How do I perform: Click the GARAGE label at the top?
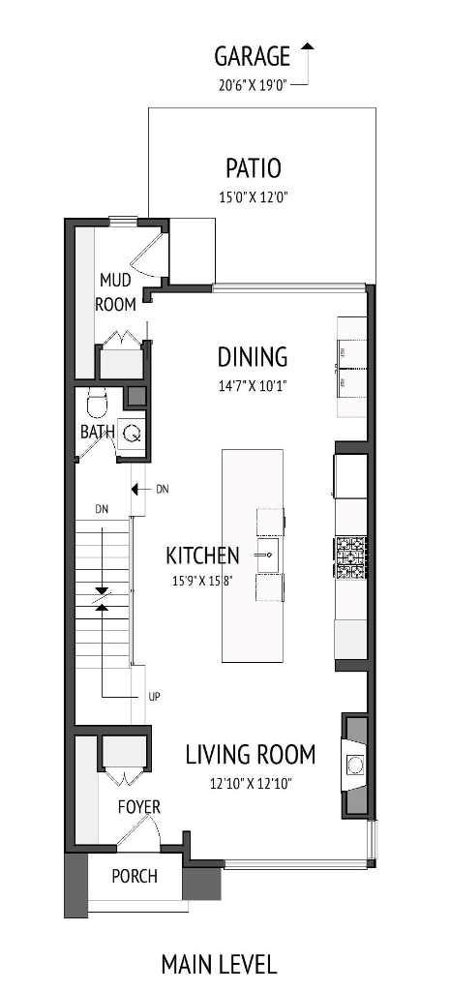tap(252, 55)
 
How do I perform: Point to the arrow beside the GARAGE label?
tap(308, 60)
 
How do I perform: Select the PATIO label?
tap(253, 168)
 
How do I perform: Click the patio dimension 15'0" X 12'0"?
tap(253, 196)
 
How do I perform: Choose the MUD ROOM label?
tap(117, 291)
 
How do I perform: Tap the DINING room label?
tap(252, 357)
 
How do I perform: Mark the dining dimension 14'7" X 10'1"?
tap(252, 385)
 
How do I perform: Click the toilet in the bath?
tap(96, 401)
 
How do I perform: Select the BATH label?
tap(98, 432)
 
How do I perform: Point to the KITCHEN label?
tap(202, 556)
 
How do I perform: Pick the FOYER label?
tap(139, 806)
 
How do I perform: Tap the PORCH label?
tap(134, 877)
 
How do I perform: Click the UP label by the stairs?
tap(153, 695)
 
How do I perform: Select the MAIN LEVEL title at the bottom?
tap(219, 964)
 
